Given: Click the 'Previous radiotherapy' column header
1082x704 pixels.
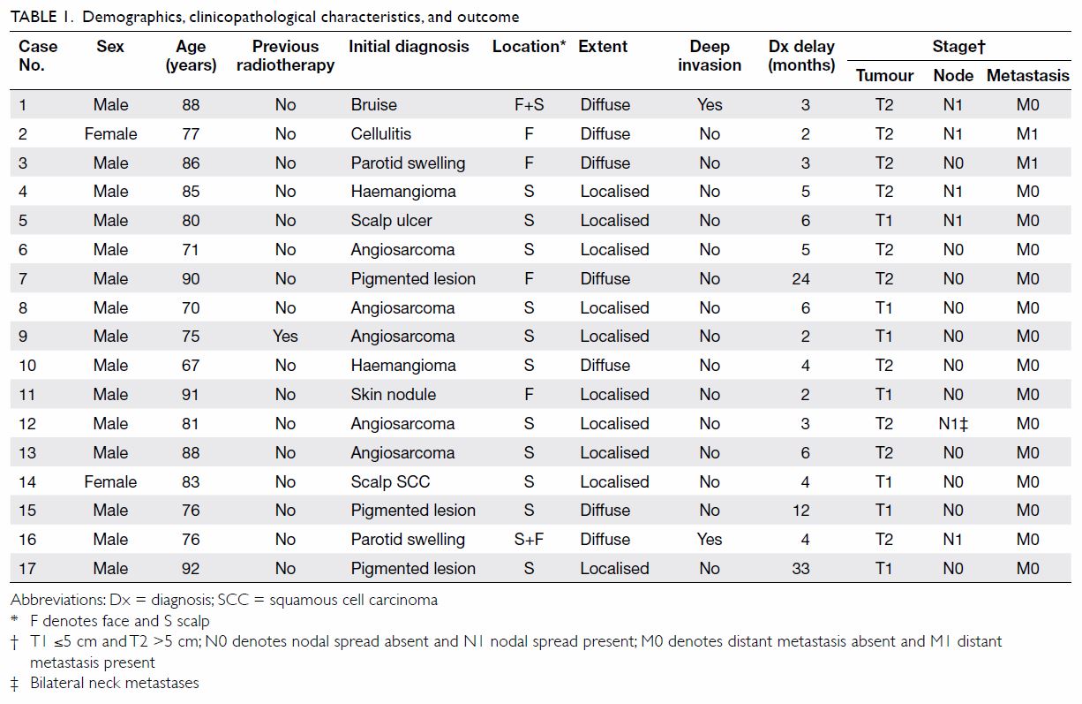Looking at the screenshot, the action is point(285,56).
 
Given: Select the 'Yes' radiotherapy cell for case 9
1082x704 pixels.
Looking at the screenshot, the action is point(285,336).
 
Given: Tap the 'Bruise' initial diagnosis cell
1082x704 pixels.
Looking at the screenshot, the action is point(374,104).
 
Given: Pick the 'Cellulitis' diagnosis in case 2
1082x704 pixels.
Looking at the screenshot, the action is point(380,133).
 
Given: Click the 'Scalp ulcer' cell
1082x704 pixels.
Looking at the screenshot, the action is point(391,221).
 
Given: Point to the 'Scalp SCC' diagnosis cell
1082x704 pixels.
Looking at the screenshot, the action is point(390,481).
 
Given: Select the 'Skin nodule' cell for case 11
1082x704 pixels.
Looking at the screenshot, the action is point(394,395).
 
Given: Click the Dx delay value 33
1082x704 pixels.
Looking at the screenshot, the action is point(800,568).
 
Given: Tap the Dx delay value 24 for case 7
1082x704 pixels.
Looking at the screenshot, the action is point(800,278).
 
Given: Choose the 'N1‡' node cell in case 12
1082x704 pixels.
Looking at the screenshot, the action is point(953,424).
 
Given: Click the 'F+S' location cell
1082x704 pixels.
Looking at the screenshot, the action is point(529,104).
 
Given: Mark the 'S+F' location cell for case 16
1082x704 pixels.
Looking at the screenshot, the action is point(529,539).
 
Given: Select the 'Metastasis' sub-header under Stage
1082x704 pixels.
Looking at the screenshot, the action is point(1028,75).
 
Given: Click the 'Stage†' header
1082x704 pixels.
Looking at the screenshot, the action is point(958,47).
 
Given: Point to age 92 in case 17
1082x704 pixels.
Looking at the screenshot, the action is point(191,568).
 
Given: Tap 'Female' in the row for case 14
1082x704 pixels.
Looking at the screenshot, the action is point(110,481).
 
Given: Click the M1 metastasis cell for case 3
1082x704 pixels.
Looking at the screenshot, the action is point(1027,163).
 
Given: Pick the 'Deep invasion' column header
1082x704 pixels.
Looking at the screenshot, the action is point(709,56).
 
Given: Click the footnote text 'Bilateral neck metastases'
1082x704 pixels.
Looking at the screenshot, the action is point(115,683).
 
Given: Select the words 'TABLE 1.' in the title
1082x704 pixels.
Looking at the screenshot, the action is point(41,17).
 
